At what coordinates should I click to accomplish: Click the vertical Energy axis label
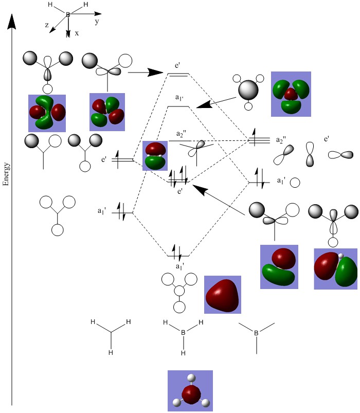click(x=7, y=175)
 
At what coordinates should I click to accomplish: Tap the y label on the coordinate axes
click(x=97, y=22)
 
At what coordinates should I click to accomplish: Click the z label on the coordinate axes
click(x=47, y=25)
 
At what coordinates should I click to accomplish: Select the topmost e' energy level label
click(x=177, y=65)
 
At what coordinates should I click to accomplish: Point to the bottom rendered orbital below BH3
click(x=190, y=390)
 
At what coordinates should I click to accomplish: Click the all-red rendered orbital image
click(x=222, y=295)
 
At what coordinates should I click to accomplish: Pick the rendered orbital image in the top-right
click(x=291, y=94)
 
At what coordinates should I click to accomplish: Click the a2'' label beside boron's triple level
click(x=280, y=140)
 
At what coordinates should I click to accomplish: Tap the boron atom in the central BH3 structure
click(x=183, y=333)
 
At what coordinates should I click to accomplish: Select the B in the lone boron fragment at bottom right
click(x=256, y=334)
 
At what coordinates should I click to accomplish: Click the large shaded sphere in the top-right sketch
click(x=248, y=91)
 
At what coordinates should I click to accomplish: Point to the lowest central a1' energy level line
click(x=179, y=256)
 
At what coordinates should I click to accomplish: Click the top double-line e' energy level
click(x=178, y=75)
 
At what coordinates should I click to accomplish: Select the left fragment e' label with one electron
click(x=104, y=160)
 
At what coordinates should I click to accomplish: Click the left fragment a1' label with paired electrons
click(x=102, y=211)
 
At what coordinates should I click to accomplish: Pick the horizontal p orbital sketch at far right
click(x=340, y=154)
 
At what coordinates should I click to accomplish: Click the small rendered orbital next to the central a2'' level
click(x=155, y=155)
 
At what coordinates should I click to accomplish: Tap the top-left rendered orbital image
click(x=47, y=113)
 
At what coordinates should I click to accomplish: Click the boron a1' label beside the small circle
click(x=281, y=181)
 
